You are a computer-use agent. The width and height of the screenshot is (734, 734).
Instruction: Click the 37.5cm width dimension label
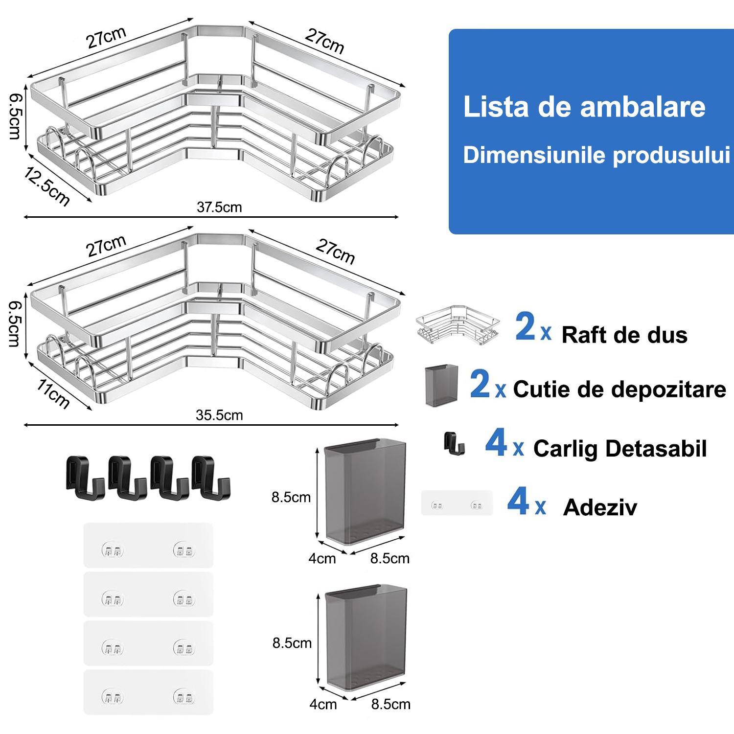(x=219, y=207)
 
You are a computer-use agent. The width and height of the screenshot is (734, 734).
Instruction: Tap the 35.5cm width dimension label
(x=219, y=415)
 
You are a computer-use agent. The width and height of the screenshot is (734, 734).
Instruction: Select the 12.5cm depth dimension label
(x=47, y=186)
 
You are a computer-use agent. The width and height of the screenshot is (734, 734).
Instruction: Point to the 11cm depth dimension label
(x=53, y=394)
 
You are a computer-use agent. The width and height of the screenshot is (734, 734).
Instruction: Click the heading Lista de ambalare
(x=584, y=107)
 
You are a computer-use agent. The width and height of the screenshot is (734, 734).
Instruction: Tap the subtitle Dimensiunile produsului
(x=596, y=155)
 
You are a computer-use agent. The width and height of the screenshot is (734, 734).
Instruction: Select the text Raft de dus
(x=624, y=335)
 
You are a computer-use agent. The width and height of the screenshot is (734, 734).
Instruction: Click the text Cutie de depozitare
(x=619, y=390)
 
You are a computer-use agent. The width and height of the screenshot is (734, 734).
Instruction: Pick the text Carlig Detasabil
(x=620, y=448)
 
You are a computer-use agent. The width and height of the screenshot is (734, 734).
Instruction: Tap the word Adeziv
(x=600, y=507)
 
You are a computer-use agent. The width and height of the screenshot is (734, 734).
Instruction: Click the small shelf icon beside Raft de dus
(x=458, y=325)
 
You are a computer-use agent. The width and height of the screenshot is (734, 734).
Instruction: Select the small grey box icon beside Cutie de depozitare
(x=441, y=385)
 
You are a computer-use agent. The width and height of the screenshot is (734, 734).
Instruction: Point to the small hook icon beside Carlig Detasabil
(x=454, y=443)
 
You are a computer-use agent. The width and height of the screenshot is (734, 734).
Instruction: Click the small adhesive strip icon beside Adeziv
(x=457, y=504)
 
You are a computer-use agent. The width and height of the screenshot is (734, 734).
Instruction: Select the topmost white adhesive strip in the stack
(x=148, y=546)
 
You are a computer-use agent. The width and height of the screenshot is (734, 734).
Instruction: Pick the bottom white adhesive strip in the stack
(x=148, y=692)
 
